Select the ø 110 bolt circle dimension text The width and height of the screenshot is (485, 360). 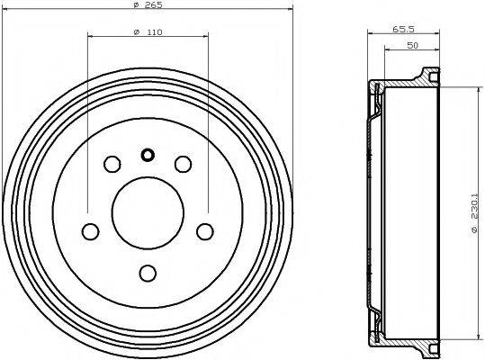(x=148, y=33)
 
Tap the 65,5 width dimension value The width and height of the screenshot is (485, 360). (x=402, y=30)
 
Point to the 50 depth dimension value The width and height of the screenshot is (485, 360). (x=410, y=44)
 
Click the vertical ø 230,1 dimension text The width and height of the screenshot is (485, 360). (x=474, y=213)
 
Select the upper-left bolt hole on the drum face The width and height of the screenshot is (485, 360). (x=112, y=164)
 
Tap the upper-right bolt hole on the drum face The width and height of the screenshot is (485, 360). (x=184, y=164)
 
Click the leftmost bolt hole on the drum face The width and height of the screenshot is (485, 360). (x=90, y=231)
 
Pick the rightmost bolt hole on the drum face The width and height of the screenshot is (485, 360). (x=205, y=231)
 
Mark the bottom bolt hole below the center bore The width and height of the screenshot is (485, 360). (x=148, y=272)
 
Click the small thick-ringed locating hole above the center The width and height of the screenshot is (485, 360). (x=148, y=154)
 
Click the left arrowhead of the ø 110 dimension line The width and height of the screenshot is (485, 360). (x=91, y=38)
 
